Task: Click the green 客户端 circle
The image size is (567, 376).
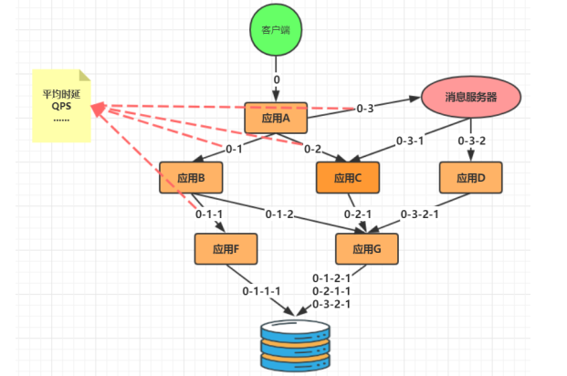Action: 276,29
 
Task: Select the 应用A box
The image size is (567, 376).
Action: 276,118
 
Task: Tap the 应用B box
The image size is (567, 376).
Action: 191,178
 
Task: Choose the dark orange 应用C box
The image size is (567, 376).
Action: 348,178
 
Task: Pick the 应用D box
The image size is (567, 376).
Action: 471,178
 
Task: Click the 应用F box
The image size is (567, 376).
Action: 226,249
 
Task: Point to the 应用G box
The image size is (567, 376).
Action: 367,249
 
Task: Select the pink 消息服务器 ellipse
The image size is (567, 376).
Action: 471,97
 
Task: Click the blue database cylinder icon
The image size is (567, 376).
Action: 296,346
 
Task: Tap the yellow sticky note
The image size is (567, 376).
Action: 61,106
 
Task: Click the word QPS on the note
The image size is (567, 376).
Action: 61,106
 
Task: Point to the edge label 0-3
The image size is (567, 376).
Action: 365,108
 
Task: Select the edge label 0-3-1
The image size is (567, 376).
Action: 410,141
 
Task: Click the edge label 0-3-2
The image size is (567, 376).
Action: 471,141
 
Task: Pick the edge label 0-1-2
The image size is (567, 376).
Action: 279,214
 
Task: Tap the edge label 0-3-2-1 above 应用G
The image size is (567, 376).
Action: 419,214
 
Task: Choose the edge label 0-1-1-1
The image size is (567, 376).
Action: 261,291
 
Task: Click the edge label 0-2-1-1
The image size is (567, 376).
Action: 331,291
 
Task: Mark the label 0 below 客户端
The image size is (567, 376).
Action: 277,79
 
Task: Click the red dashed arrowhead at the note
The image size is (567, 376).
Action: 98,108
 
